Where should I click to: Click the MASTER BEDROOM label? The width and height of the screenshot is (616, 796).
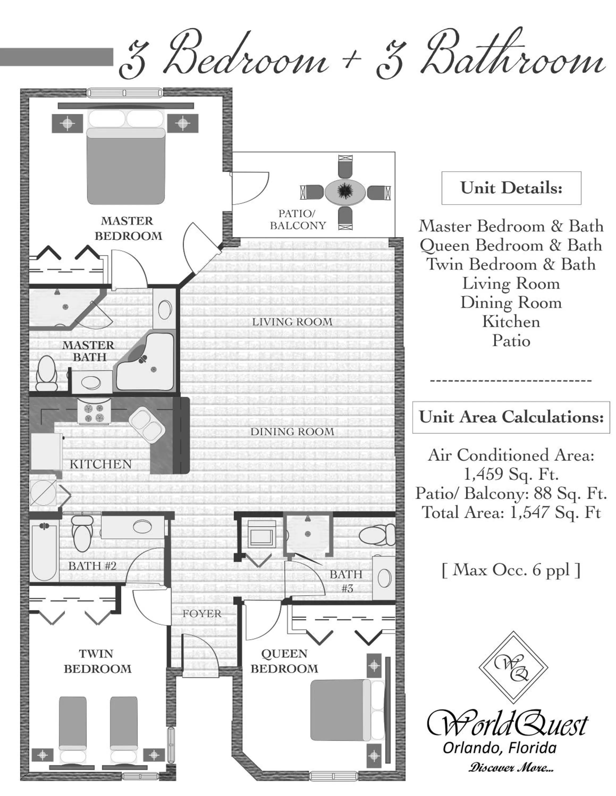click(128, 228)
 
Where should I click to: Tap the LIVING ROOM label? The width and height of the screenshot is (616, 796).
click(292, 322)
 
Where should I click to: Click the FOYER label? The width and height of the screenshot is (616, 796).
click(202, 613)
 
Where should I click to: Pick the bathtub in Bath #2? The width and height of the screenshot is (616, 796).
click(44, 551)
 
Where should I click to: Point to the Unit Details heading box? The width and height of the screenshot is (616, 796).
click(511, 188)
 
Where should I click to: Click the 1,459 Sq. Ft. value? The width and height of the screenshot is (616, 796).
click(511, 474)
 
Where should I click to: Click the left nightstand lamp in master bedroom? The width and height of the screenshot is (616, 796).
click(67, 123)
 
